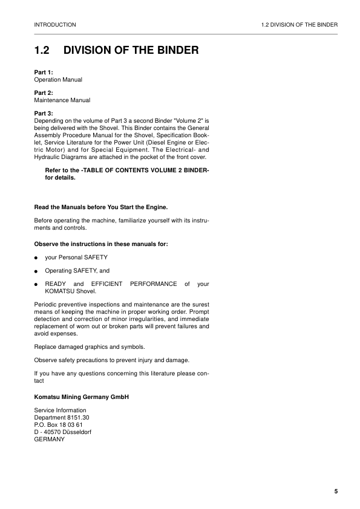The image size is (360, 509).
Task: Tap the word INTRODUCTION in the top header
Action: (x=55, y=25)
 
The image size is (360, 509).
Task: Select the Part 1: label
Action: (x=44, y=73)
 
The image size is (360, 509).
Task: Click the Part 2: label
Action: (x=44, y=93)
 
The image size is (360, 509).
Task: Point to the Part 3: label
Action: (x=44, y=114)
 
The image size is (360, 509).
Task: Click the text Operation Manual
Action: (x=58, y=80)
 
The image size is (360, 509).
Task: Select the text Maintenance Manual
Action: (x=62, y=100)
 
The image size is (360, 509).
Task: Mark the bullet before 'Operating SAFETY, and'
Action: (x=36, y=271)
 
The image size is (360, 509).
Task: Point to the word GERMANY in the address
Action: (x=50, y=439)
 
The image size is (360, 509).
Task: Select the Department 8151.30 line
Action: (x=62, y=418)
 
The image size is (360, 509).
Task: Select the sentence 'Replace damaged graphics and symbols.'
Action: (x=90, y=346)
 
